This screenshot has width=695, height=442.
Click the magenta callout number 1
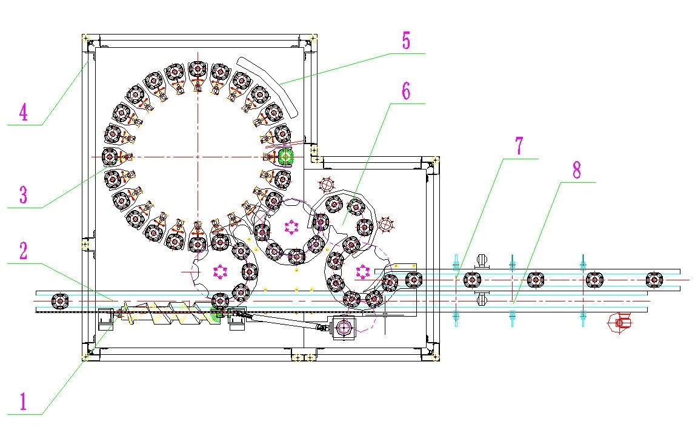coord(23,401)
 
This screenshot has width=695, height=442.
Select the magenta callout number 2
coord(23,251)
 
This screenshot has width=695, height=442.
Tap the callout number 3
coord(23,194)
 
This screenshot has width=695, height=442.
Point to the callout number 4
coord(23,111)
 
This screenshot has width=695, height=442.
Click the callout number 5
coord(406,41)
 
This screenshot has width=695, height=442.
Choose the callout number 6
coord(406,91)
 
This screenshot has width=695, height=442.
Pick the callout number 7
coord(519,146)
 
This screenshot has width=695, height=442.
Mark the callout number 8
coord(576,170)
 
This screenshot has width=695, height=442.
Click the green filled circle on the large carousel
coord(286,156)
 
